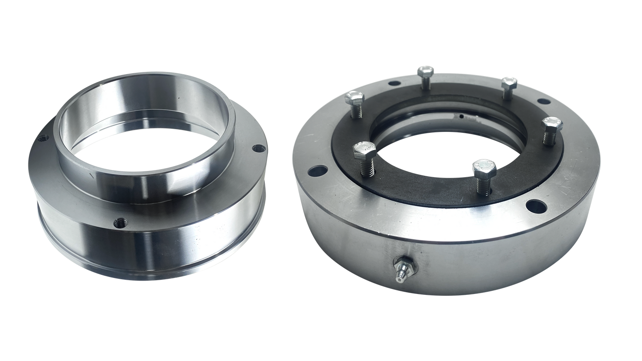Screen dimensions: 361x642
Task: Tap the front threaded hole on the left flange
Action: (x=119, y=223)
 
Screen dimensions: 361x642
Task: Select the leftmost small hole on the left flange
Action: (x=43, y=139)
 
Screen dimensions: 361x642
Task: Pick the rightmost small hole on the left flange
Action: (x=256, y=149)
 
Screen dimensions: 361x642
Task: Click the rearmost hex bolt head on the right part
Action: (x=426, y=71)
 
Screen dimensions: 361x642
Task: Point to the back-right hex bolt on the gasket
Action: (x=510, y=82)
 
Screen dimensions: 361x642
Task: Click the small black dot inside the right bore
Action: (x=462, y=117)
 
